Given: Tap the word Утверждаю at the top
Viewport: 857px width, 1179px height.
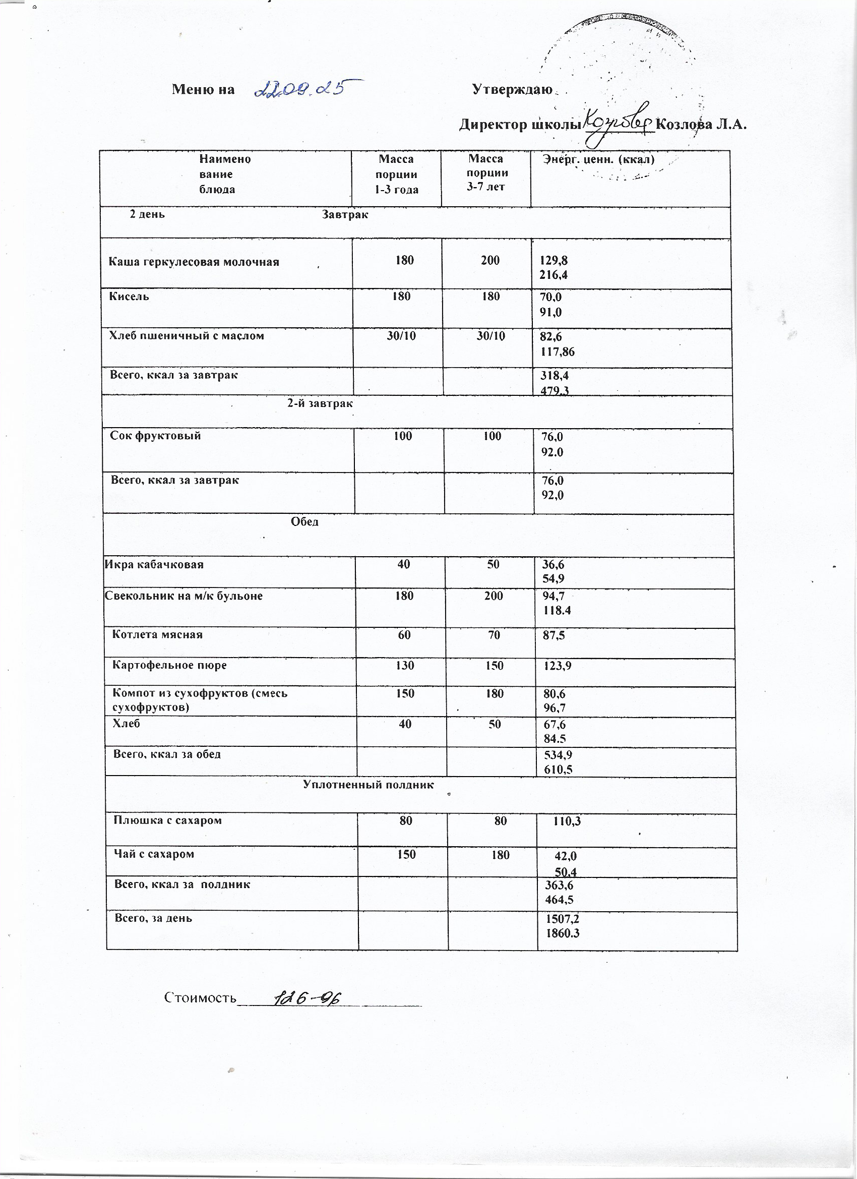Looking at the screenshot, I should click(x=512, y=89).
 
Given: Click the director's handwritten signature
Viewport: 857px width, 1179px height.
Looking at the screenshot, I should click(x=619, y=122).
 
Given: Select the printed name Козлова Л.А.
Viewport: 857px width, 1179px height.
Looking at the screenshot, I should click(x=702, y=125).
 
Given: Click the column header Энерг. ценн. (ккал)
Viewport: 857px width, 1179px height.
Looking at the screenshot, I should click(x=598, y=159).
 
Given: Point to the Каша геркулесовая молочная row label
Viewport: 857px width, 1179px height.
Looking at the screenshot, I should click(x=194, y=262).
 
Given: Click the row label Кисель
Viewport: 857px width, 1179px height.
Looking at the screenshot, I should click(x=129, y=297).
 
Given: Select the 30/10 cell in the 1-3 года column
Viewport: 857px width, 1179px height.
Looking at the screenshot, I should click(x=401, y=336).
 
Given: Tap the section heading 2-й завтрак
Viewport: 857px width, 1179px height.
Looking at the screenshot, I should click(x=320, y=403).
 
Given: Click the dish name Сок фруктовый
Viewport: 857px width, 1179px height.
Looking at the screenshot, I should click(x=155, y=436).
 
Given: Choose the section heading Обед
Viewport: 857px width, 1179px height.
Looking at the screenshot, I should click(x=304, y=521).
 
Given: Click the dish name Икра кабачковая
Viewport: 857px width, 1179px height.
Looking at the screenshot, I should click(x=154, y=564).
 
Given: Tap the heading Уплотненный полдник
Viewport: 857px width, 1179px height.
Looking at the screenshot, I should click(x=368, y=785).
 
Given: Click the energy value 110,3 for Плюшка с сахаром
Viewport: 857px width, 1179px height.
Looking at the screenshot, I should click(x=567, y=821).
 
